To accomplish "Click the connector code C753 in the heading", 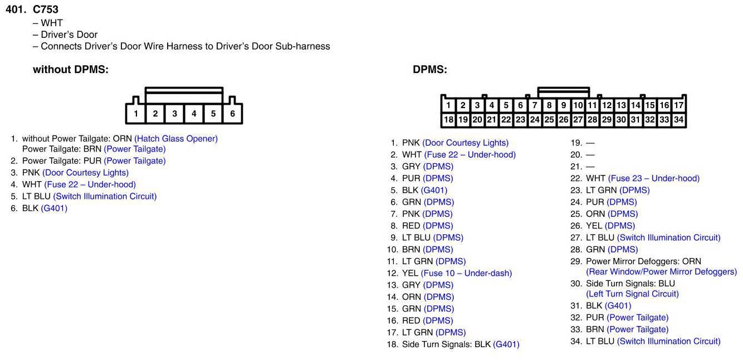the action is (x=46, y=9).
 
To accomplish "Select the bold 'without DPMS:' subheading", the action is (x=71, y=69).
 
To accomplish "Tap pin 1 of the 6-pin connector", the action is (x=136, y=114).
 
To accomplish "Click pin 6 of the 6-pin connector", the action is (x=232, y=114).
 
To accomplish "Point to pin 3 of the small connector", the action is (x=174, y=114).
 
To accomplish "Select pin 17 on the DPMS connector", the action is (x=678, y=105).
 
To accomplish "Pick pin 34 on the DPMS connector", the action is (x=678, y=119).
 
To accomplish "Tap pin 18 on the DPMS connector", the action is (x=448, y=119).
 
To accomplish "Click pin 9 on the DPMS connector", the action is (x=564, y=105).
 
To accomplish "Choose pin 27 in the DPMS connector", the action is (x=578, y=119).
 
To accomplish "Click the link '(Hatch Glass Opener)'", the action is (x=176, y=139).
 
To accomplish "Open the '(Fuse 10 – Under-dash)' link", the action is (x=466, y=274).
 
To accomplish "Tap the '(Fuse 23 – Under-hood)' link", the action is (x=654, y=178).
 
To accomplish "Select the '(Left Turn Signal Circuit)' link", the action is (x=633, y=294).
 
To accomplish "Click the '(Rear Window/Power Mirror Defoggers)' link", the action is (x=661, y=272).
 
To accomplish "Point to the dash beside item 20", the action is (x=590, y=155).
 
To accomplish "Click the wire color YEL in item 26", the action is (x=594, y=226).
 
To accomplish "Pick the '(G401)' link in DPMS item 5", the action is (x=434, y=191).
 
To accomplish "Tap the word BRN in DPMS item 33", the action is (x=595, y=329).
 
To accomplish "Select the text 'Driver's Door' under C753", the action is (x=69, y=35).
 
